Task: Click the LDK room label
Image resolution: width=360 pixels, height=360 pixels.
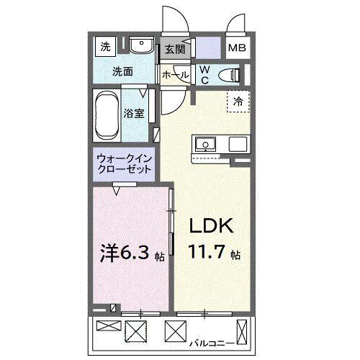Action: coord(210,226)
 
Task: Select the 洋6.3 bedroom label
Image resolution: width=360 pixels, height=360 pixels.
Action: coord(123,253)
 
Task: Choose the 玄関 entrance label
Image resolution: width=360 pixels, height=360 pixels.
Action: coord(174,49)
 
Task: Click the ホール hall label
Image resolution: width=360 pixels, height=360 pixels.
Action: coord(176,75)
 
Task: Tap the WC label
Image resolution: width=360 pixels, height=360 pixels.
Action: coord(204,74)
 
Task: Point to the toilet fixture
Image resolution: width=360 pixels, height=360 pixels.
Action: coord(232,73)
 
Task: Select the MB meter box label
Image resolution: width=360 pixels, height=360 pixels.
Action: coord(237,49)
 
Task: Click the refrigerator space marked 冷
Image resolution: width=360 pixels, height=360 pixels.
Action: coord(237,102)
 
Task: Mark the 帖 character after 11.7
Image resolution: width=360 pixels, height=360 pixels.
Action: coord(236,256)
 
